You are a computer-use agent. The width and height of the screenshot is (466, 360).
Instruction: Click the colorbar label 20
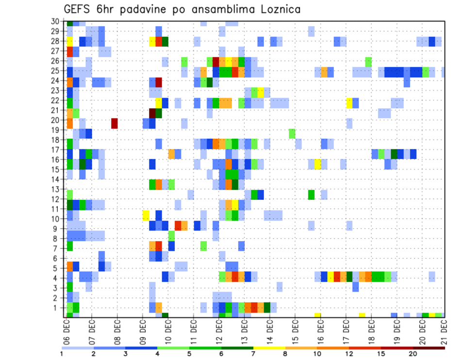pyautogui.click(x=413, y=354)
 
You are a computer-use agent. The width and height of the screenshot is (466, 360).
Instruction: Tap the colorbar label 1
pyautogui.click(x=62, y=354)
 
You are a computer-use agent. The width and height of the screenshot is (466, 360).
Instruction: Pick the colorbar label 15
pyautogui.click(x=382, y=354)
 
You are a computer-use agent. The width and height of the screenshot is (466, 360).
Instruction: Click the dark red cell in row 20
pyautogui.click(x=115, y=123)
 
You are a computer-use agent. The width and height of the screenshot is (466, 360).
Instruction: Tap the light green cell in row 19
pyautogui.click(x=292, y=133)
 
